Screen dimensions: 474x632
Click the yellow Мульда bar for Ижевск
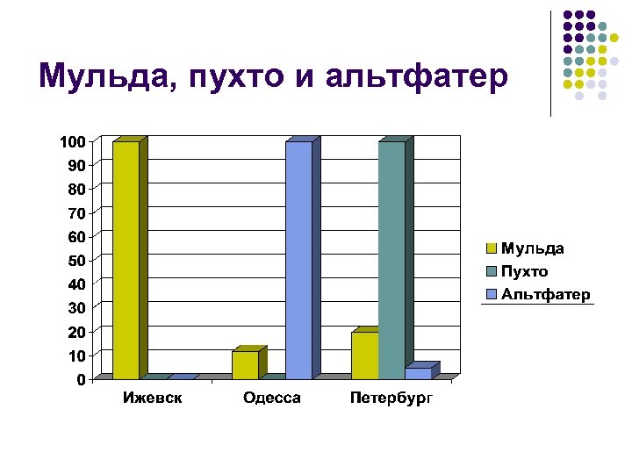click(x=126, y=259)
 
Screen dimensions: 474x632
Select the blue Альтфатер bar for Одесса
click(x=298, y=259)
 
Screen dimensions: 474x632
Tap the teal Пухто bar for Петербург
click(x=391, y=259)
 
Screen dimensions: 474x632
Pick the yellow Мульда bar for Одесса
click(x=245, y=365)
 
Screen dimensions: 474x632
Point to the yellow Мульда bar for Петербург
click(x=364, y=355)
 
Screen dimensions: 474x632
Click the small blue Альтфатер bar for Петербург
click(x=419, y=373)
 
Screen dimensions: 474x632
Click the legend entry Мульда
click(x=532, y=248)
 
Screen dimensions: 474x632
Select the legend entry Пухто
click(x=524, y=271)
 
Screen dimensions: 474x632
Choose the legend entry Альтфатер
click(x=545, y=294)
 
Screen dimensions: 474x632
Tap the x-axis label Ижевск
click(x=153, y=399)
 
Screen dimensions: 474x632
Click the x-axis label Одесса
click(x=272, y=399)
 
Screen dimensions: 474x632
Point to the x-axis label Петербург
click(x=391, y=399)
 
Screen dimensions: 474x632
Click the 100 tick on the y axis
click(x=72, y=141)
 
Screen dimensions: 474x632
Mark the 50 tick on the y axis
click(x=76, y=261)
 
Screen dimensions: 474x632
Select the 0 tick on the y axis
click(x=81, y=380)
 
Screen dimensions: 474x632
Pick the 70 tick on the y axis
click(x=76, y=213)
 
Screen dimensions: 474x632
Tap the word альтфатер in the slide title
click(x=415, y=77)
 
